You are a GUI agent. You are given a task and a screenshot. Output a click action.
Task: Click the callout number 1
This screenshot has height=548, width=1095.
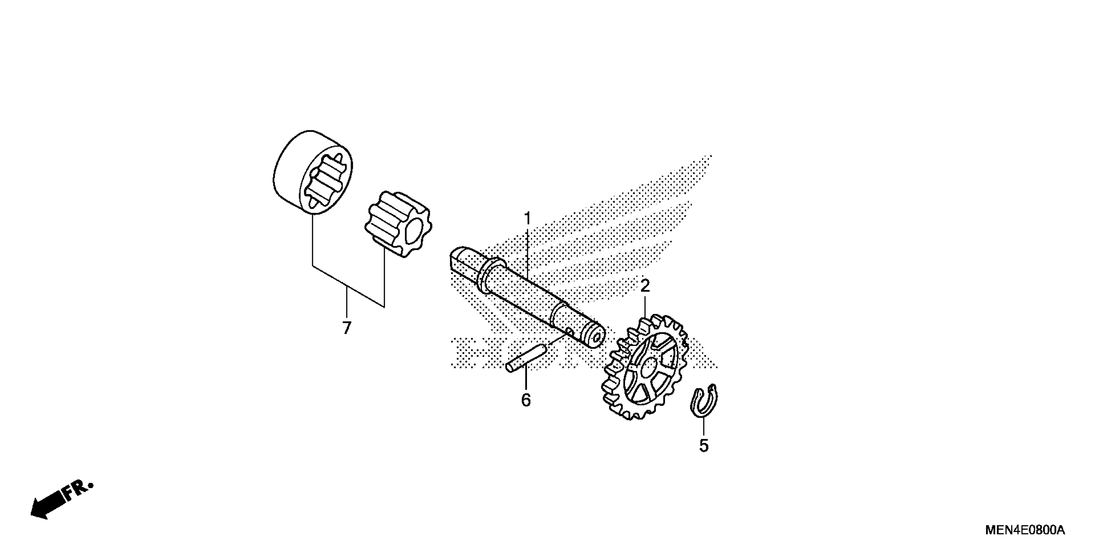point(527,219)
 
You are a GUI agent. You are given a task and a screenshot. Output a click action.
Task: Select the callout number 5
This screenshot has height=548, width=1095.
point(704,446)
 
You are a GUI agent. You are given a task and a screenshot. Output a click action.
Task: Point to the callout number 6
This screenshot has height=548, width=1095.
point(526,400)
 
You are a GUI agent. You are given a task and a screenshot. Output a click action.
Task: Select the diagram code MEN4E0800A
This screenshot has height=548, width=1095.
point(1024,530)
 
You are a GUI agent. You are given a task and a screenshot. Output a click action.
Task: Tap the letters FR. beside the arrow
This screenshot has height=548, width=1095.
point(79,491)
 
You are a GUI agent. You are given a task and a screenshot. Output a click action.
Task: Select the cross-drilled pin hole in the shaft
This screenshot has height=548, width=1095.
point(569,330)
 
